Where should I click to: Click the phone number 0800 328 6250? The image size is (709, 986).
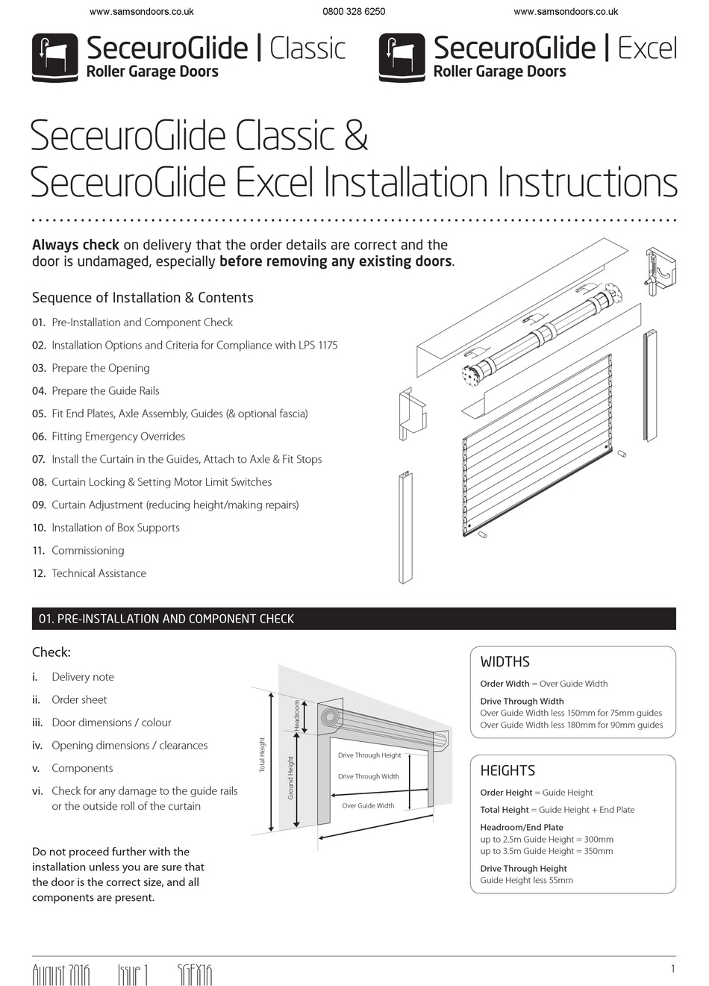coord(354,12)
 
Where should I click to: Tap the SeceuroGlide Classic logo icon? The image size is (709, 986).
coord(54,57)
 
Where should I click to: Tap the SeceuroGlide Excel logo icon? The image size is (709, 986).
coord(402,57)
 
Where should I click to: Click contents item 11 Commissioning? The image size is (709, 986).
coord(87,550)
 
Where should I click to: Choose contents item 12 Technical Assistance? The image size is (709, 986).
coord(99,573)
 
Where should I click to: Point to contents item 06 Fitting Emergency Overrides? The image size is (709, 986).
coord(118,436)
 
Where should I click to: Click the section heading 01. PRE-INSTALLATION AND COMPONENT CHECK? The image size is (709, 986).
coord(166,619)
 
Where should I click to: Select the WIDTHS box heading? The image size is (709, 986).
coord(505,662)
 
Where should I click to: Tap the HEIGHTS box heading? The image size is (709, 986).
coord(507,771)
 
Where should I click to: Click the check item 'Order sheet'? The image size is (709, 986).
coord(79,699)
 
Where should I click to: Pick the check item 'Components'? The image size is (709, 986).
coord(82,768)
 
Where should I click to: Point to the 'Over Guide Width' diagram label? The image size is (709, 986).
coord(368,805)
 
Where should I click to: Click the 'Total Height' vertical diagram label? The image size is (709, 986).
coord(262,755)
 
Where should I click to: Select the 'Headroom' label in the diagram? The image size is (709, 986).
coord(296,715)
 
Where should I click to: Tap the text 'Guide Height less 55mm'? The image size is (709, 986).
coord(526,880)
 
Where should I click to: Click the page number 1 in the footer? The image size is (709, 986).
coord(672,969)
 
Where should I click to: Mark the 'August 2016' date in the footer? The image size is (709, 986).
coord(60,975)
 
